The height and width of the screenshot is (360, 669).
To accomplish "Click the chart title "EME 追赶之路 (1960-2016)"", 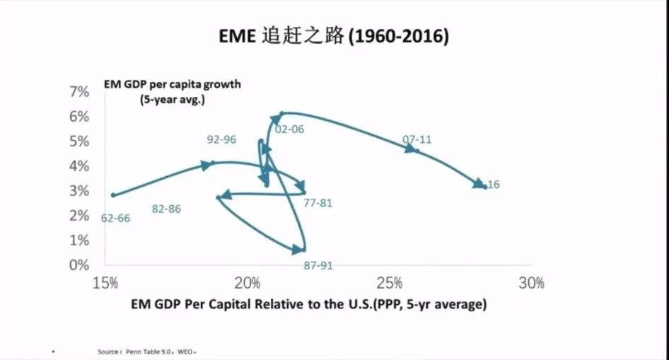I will (334, 37).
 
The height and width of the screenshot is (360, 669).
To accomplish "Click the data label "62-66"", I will (115, 219).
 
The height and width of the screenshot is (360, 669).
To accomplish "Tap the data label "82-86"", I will (166, 209).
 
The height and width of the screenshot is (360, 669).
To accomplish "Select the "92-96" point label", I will (221, 139).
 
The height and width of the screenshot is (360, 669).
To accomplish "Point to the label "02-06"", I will (290, 129).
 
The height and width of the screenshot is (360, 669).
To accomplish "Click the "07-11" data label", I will (417, 139).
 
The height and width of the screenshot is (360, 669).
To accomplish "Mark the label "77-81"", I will (318, 203).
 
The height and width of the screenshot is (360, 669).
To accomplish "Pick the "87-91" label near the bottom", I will (318, 265).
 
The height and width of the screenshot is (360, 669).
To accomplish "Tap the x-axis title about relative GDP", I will (308, 305).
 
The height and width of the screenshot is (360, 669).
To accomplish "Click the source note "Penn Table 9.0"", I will (145, 352).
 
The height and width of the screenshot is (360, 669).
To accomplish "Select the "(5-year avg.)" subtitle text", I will (173, 100).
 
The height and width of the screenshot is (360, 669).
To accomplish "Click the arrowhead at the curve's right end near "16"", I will (478, 184).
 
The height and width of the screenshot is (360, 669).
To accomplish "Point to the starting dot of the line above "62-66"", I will (112, 195).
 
